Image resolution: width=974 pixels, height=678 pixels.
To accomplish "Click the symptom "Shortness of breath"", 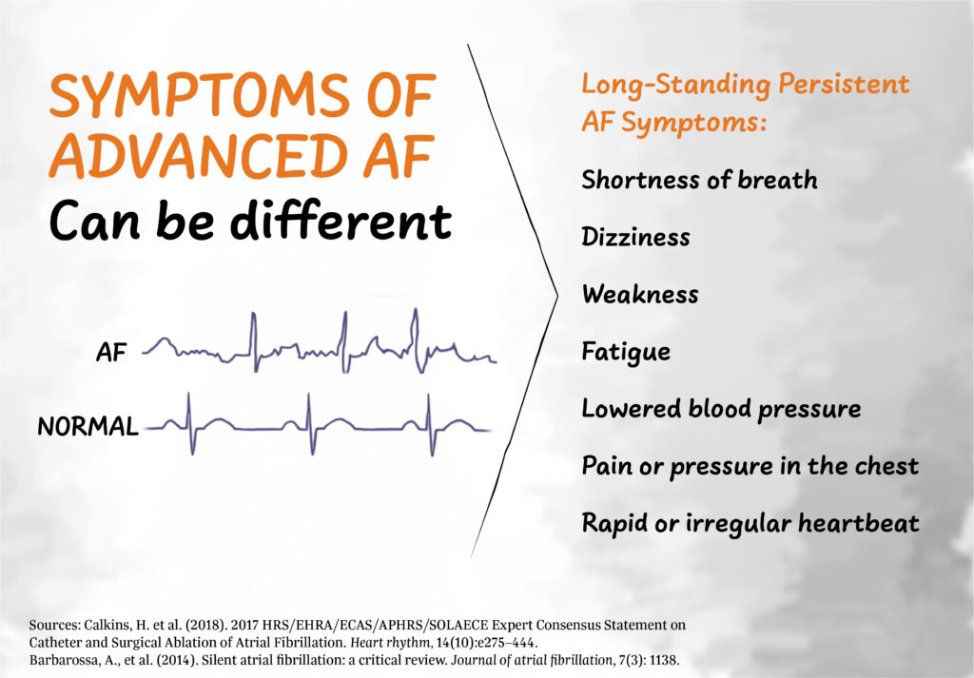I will (x=699, y=180).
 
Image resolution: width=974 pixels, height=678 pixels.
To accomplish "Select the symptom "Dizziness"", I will (x=635, y=237).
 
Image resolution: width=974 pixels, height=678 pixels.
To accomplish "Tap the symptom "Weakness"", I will (x=639, y=294).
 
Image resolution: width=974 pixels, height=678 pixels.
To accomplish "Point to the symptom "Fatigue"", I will (x=626, y=352).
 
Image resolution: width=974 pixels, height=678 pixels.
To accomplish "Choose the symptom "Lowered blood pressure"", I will (x=721, y=409).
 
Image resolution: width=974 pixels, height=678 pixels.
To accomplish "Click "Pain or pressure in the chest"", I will (x=750, y=466).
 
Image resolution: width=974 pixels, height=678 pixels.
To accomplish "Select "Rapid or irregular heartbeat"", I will (x=750, y=523).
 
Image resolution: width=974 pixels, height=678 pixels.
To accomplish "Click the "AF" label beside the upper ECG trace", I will (x=111, y=354).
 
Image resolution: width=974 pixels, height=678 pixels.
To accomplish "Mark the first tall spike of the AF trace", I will (x=253, y=333).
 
